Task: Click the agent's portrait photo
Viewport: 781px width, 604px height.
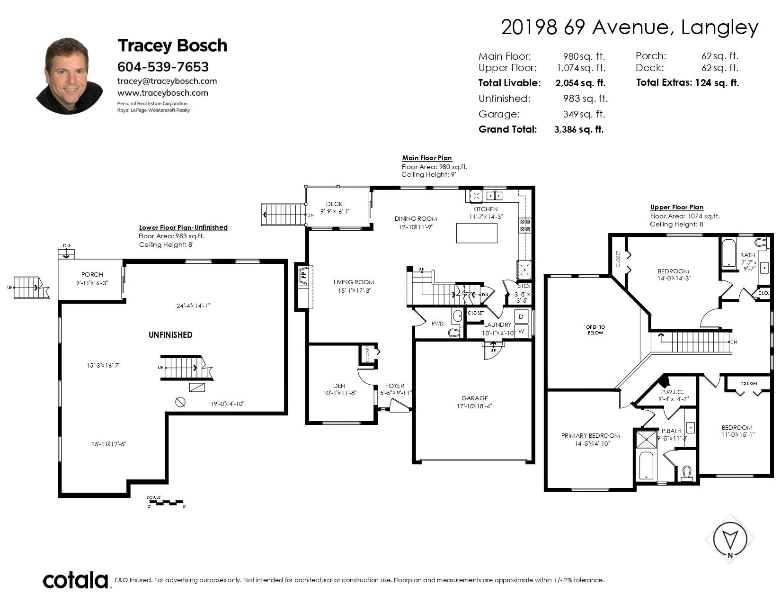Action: pos(70,76)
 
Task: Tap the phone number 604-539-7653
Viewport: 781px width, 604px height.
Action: pos(163,66)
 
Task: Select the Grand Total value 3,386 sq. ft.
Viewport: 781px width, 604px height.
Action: pos(579,130)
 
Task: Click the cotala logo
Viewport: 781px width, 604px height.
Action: pos(75,580)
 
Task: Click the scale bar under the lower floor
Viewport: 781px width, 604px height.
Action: pos(165,502)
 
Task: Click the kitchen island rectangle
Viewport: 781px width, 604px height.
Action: pos(477,233)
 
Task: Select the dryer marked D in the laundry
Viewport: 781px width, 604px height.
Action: pos(521,316)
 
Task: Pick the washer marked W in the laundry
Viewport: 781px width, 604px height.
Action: pos(521,331)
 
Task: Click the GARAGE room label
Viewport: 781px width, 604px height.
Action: pos(474,398)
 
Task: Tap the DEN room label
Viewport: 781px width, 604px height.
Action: pos(339,386)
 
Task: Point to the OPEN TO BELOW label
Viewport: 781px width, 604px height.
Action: pos(595,330)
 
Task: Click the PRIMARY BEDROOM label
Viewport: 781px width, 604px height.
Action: pos(591,436)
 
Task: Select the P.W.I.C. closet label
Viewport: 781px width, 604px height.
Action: pos(672,392)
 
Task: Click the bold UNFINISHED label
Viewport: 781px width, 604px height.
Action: pos(170,335)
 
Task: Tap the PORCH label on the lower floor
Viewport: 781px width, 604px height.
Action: pos(92,274)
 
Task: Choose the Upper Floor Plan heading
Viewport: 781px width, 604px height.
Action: pos(677,207)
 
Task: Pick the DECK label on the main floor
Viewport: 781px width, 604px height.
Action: pos(334,204)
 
